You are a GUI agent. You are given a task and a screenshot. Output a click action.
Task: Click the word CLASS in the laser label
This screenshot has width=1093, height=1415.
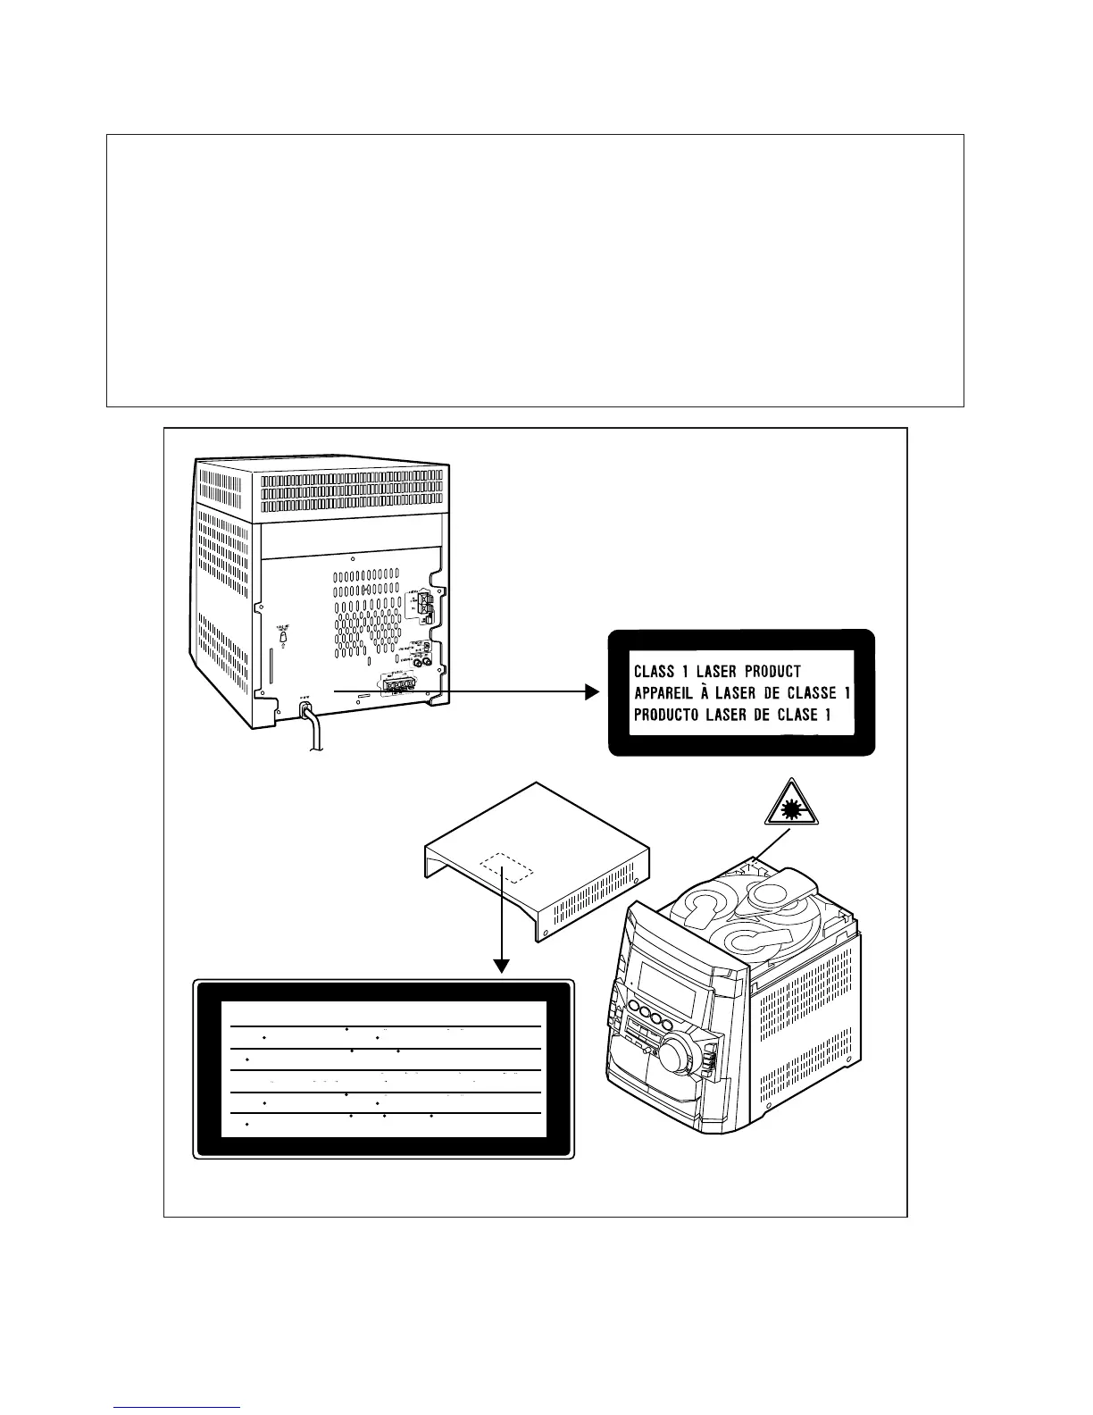(654, 671)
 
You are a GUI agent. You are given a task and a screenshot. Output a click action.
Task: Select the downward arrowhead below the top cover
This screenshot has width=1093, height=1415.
(502, 965)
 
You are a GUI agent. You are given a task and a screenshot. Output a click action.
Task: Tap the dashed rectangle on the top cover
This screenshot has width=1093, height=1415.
(506, 866)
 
